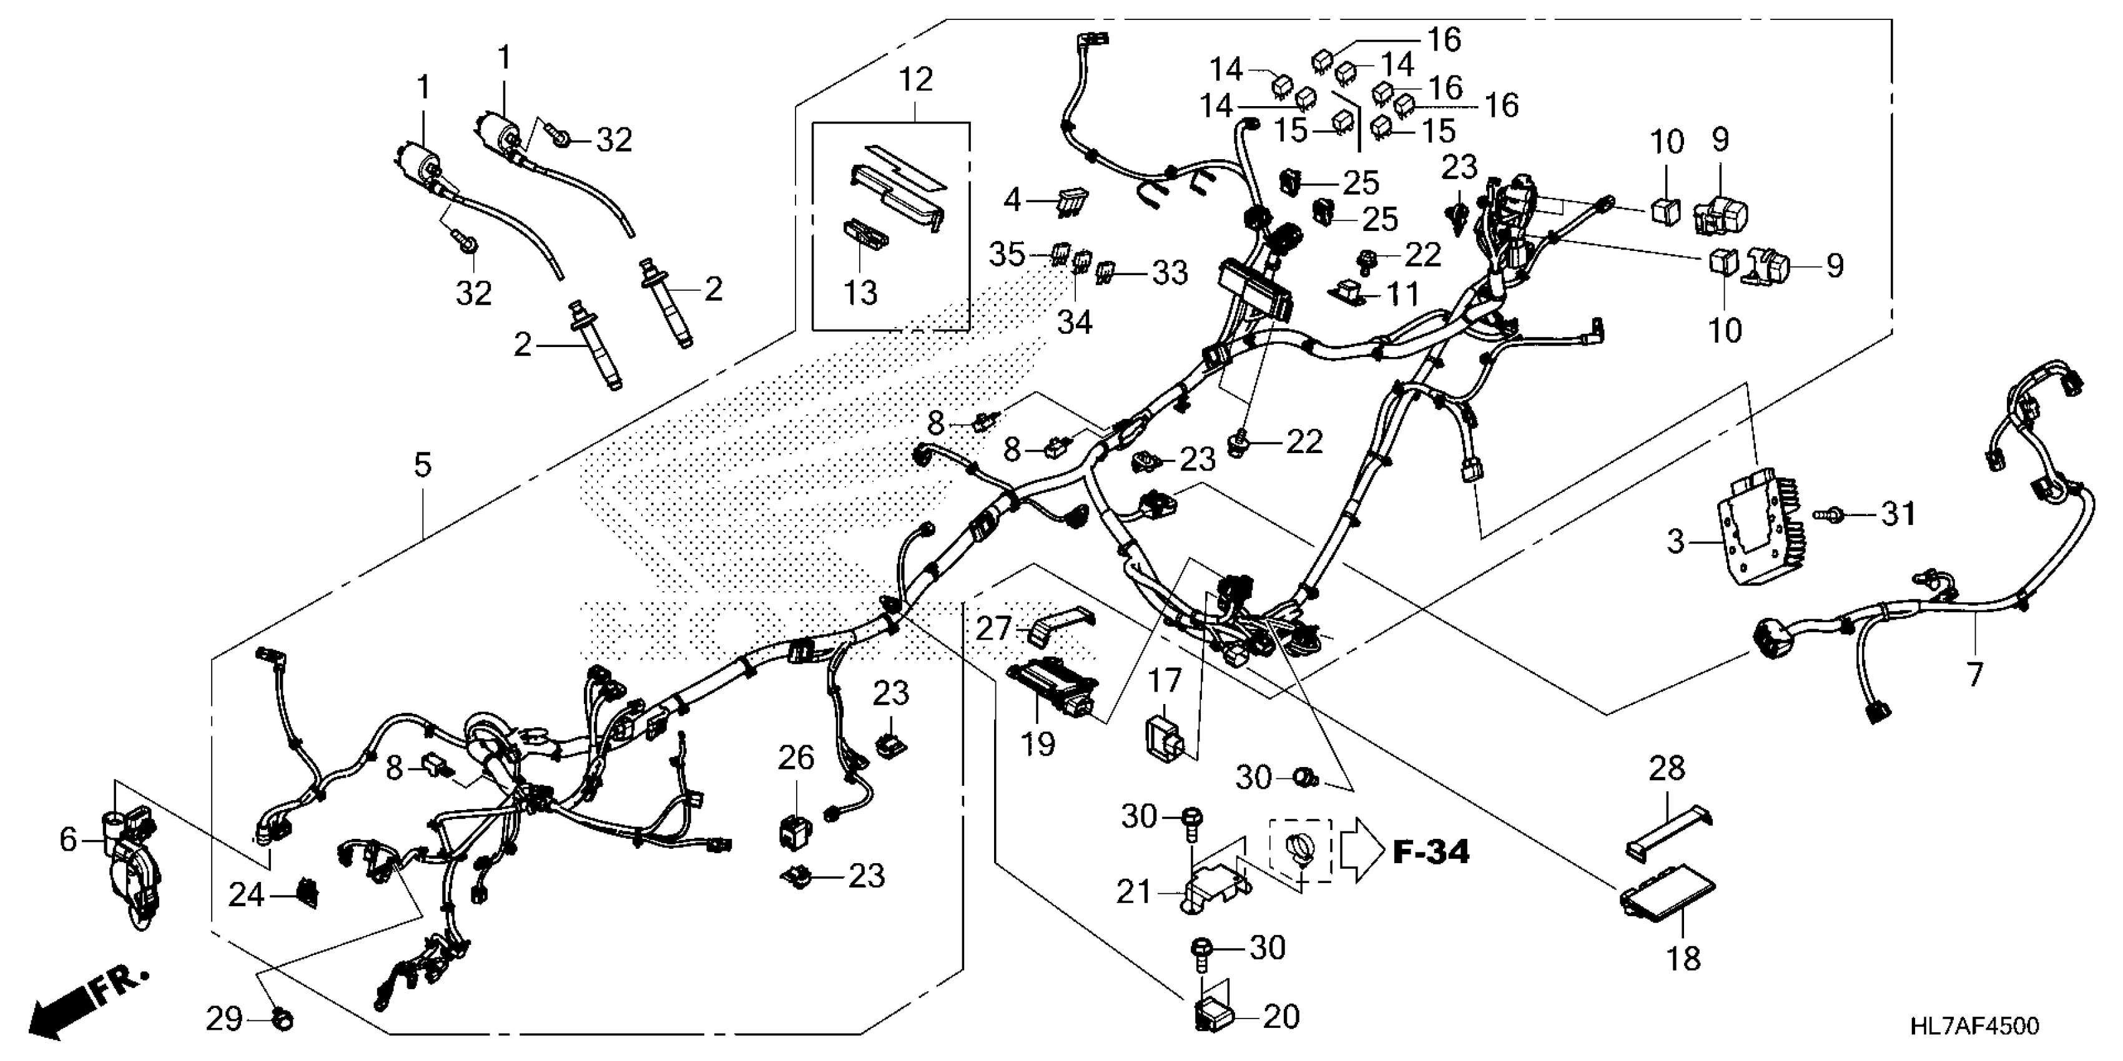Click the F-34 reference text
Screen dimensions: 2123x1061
coord(1431,852)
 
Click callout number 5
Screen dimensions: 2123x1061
coord(423,466)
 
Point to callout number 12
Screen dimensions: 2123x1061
coord(915,79)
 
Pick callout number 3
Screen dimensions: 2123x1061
coord(1675,542)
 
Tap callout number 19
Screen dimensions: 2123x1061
coord(1038,745)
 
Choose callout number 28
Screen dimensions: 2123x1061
coord(1667,768)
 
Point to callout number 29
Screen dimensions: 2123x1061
coord(224,1020)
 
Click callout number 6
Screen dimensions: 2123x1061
coord(69,839)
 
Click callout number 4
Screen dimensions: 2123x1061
coord(1012,199)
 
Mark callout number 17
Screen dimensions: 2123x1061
coord(1165,682)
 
